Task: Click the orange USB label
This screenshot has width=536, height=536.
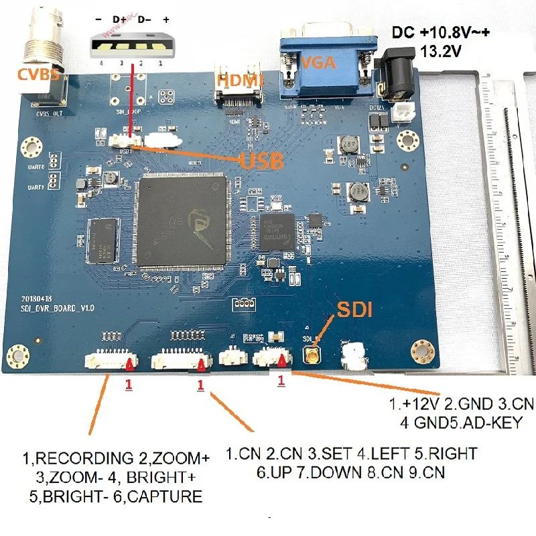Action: tap(261, 161)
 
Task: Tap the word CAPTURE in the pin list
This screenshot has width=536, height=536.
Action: tap(167, 496)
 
